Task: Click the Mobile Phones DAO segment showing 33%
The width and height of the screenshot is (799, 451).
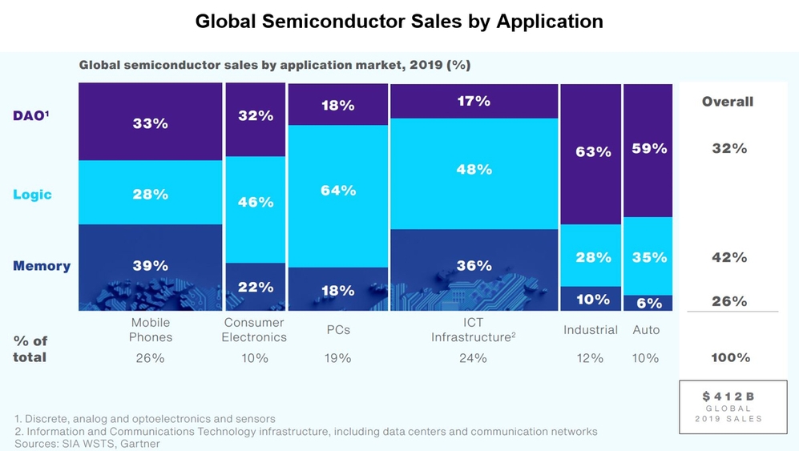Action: click(x=150, y=123)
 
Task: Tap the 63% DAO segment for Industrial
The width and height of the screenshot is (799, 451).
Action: click(x=591, y=152)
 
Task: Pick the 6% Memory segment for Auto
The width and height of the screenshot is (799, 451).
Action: click(x=648, y=303)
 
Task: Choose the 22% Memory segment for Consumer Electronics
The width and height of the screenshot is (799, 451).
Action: click(x=255, y=286)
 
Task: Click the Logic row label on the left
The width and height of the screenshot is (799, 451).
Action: click(x=32, y=195)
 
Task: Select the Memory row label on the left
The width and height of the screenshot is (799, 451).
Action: click(x=42, y=266)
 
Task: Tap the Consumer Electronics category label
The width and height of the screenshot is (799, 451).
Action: click(x=254, y=330)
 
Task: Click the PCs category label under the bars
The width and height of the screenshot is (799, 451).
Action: click(x=337, y=330)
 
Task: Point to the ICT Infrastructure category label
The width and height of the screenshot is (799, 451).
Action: click(x=473, y=330)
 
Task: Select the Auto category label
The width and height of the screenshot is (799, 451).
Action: click(x=646, y=330)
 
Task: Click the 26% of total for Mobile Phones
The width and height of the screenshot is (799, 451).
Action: click(x=150, y=358)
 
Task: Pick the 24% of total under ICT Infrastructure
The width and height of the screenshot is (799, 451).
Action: click(x=473, y=358)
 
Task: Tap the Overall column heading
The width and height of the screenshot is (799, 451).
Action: click(x=728, y=102)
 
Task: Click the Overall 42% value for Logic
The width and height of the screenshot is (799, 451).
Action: click(x=729, y=257)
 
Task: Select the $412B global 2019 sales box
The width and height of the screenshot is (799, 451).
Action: click(x=728, y=406)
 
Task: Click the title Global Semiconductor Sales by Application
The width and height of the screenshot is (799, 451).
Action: click(x=399, y=22)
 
